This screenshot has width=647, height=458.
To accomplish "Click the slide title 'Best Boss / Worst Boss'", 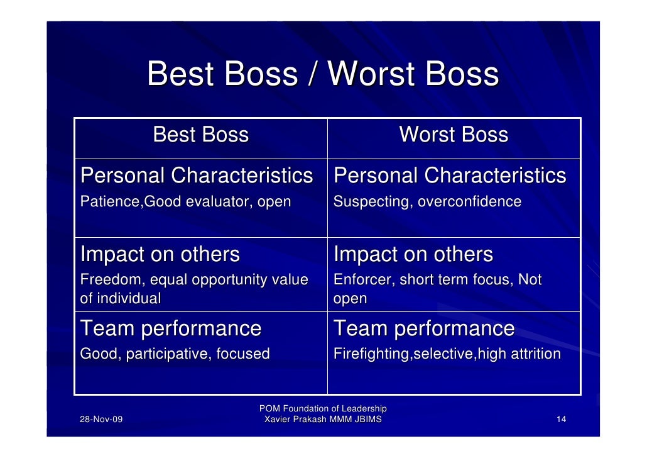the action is point(323,74).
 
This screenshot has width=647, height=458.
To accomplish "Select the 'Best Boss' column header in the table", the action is point(201,135).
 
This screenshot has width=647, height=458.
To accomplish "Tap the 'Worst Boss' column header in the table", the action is point(454,135).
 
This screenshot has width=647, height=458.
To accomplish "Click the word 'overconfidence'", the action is point(470,201).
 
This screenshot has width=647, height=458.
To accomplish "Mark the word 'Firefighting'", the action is point(372,354).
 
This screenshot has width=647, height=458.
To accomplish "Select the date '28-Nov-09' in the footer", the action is point(101,419).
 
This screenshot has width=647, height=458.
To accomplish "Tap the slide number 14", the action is point(561,419).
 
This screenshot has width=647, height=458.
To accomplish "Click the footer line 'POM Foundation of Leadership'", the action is point(323,408).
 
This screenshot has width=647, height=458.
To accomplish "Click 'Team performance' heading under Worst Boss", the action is point(424,328).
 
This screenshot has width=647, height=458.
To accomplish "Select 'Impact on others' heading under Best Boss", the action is point(160,254).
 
